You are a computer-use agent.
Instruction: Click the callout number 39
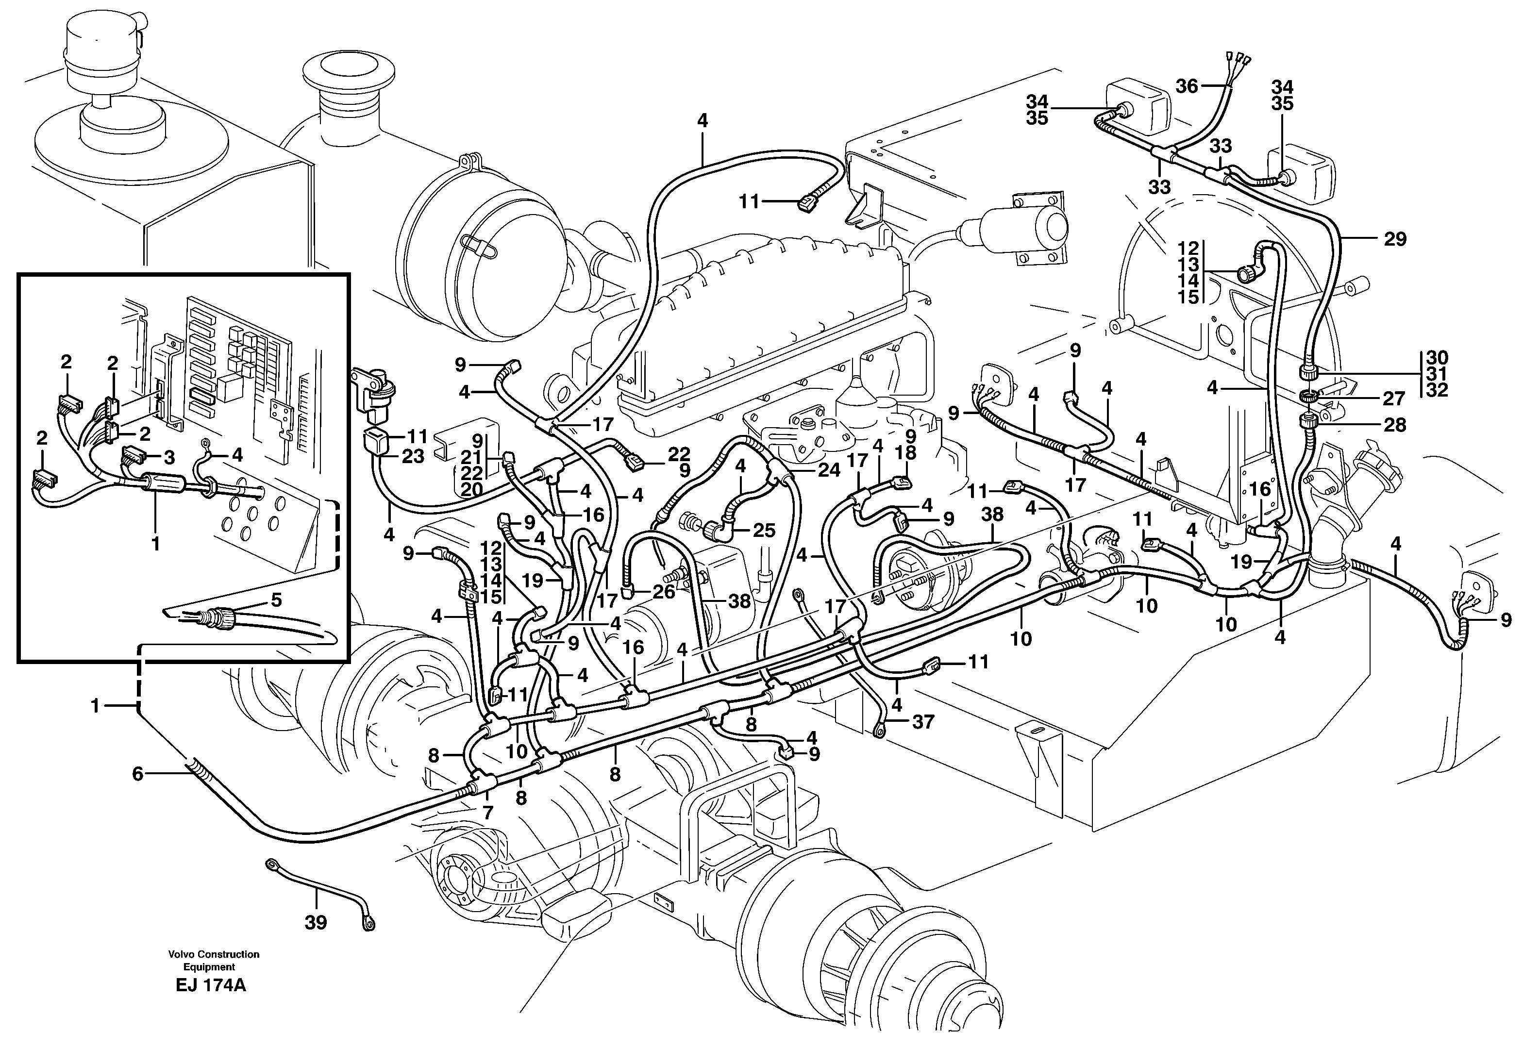click(316, 923)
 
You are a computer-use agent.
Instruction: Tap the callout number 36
click(1187, 86)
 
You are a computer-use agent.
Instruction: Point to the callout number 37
click(923, 722)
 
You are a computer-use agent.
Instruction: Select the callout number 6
click(137, 774)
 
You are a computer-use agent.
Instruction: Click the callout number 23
click(413, 456)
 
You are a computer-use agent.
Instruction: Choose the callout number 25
click(764, 530)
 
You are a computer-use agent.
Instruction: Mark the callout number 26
click(664, 592)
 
